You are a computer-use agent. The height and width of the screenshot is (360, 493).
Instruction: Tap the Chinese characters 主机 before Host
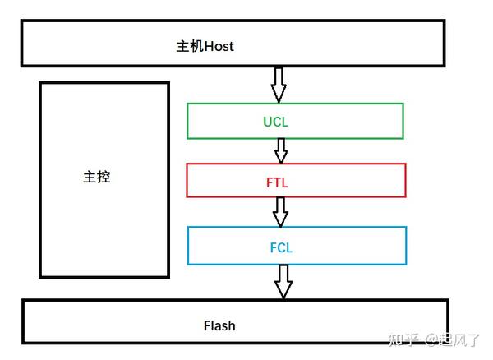pos(190,46)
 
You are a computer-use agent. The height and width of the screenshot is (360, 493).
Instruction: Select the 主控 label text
pos(96,178)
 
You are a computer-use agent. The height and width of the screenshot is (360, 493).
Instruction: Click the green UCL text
pos(276,122)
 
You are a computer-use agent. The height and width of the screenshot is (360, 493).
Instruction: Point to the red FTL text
pos(277,182)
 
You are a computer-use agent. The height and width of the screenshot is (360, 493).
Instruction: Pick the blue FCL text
pos(281,247)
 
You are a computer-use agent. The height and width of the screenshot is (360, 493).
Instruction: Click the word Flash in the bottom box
pos(219,325)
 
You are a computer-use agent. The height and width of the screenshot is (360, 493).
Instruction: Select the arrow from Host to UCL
pos(279,83)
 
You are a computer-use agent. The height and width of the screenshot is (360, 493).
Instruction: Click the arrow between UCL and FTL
pos(281,150)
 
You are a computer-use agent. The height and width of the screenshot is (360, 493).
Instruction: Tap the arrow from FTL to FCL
pos(281,211)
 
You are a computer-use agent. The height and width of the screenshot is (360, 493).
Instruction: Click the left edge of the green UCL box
pos(187,121)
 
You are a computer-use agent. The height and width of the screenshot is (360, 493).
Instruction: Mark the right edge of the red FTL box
pos(405,180)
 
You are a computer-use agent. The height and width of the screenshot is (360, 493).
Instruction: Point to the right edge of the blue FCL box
pos(406,246)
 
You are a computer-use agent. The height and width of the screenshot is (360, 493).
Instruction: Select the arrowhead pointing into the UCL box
pos(279,94)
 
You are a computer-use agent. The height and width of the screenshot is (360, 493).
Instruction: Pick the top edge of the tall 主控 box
pos(104,82)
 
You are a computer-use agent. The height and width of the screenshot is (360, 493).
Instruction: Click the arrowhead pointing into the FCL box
pos(281,219)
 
